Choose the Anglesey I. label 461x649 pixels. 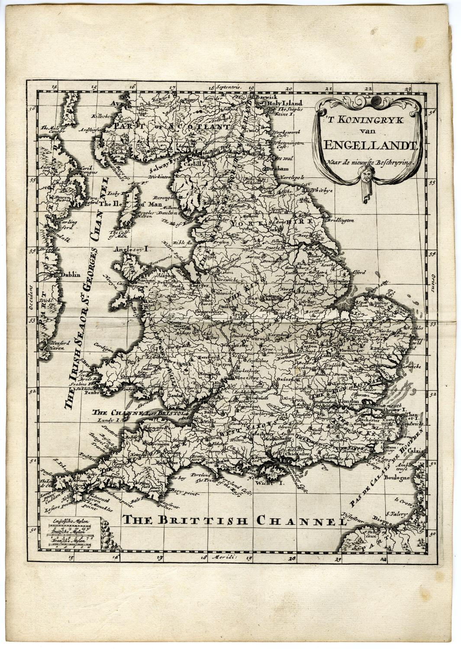tap(132, 249)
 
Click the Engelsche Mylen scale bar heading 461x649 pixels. tap(66, 522)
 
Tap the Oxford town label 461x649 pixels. tap(286, 379)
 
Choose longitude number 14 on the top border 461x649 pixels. tap(54, 87)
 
